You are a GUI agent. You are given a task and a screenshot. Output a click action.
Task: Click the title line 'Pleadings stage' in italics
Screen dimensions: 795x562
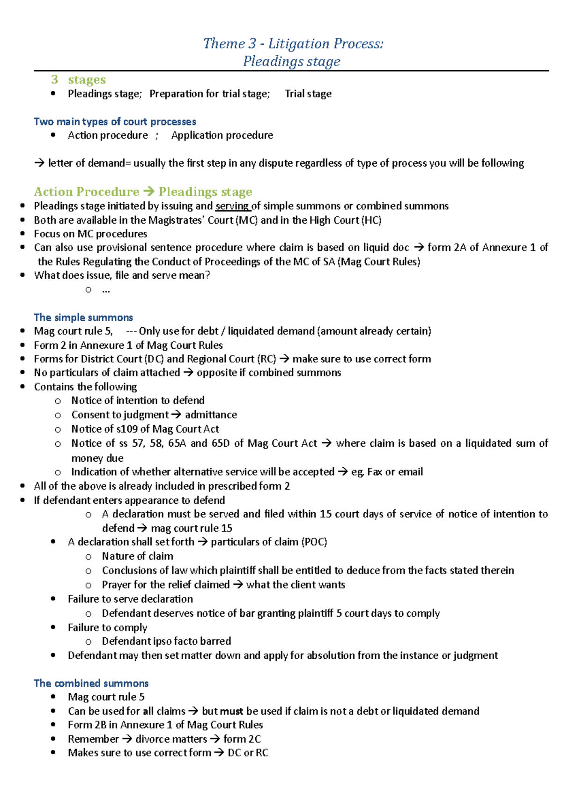[291, 61]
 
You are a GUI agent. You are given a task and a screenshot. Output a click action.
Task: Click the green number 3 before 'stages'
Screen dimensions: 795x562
[55, 80]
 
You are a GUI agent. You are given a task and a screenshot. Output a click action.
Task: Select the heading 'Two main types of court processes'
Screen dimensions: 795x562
[115, 122]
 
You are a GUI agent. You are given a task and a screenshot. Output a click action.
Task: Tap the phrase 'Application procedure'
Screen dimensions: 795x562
[222, 135]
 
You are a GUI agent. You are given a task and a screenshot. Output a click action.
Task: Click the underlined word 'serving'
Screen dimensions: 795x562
[232, 206]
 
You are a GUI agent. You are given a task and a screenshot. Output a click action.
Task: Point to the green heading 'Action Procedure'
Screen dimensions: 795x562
[87, 192]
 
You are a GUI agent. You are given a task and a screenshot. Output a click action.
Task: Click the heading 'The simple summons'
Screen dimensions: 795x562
[83, 317]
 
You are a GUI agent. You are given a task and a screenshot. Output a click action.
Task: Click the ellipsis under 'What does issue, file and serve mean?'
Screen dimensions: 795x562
[106, 290]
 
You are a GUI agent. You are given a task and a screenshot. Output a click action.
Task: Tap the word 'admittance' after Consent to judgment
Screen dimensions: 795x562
[211, 415]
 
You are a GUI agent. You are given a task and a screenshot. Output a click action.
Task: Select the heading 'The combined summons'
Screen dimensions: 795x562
[91, 683]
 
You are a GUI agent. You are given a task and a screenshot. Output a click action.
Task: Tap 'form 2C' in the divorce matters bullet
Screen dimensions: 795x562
[242, 739]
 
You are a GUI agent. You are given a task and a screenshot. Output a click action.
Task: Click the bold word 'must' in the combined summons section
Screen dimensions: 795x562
[231, 711]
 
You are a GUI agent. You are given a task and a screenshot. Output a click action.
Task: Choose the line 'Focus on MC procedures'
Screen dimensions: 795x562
[90, 234]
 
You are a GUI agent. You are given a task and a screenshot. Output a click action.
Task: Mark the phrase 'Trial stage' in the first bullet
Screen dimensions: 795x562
[308, 94]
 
